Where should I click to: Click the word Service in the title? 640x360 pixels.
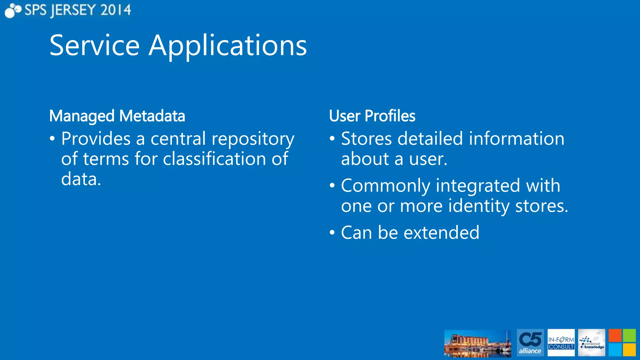click(x=94, y=46)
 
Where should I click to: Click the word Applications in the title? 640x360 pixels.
click(x=227, y=46)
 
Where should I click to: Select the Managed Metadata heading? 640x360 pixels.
click(x=117, y=116)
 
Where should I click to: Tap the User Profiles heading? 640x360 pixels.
click(x=372, y=116)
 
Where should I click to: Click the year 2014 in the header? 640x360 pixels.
click(x=116, y=10)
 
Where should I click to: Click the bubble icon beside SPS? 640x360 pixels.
click(x=12, y=10)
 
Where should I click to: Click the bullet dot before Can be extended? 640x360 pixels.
click(x=332, y=232)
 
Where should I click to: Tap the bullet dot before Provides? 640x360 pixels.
click(x=52, y=138)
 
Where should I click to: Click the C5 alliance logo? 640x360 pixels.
click(x=530, y=342)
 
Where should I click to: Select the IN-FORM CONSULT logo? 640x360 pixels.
click(x=561, y=342)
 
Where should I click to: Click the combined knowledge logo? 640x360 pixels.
click(x=591, y=342)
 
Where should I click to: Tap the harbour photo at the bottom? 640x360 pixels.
click(x=477, y=343)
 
